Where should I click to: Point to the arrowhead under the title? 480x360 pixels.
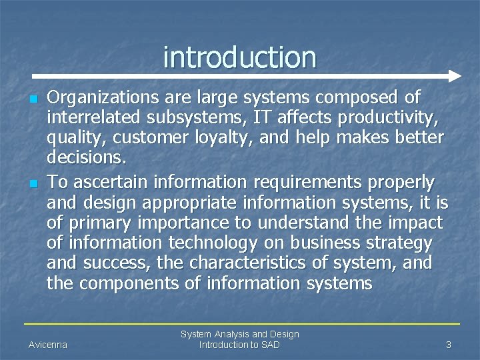455,75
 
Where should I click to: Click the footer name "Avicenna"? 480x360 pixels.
48,345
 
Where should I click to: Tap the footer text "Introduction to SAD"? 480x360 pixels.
239,345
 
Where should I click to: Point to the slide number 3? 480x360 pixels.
449,345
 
